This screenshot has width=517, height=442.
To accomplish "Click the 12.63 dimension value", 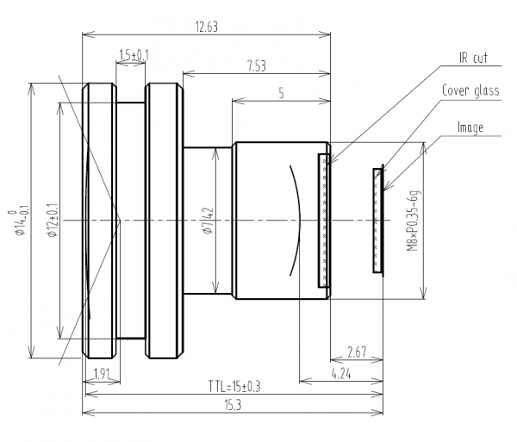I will [x=206, y=27].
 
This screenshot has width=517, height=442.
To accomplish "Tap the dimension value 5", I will [x=281, y=94].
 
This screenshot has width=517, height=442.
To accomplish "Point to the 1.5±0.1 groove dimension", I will [x=133, y=55].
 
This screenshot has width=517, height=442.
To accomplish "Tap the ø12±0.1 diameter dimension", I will [x=51, y=221].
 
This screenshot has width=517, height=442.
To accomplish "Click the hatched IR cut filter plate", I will [x=323, y=221].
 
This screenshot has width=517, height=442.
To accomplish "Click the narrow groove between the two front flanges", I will [x=131, y=221].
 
